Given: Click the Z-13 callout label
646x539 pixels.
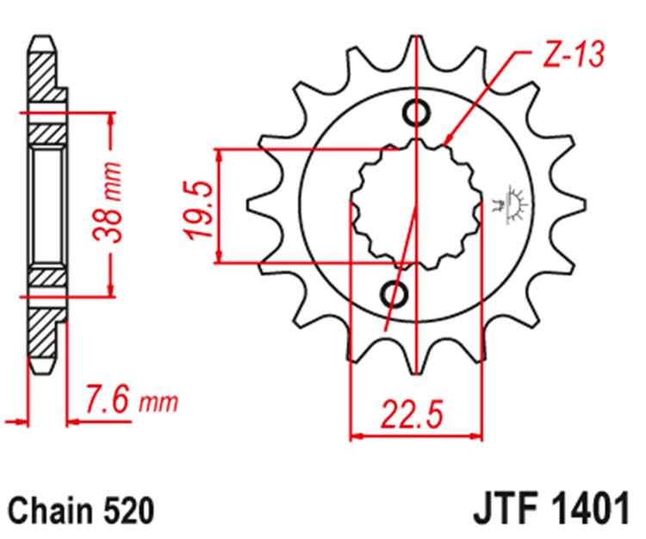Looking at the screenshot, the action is tap(574, 54).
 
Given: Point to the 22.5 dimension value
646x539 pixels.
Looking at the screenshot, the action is tap(413, 414).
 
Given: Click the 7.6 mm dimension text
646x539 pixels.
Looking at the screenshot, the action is tap(132, 399).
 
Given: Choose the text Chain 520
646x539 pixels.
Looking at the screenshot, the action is tap(81, 511).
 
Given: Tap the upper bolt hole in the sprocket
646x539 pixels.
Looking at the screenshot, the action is tap(417, 112).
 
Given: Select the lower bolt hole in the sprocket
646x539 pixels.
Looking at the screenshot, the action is tap(394, 294).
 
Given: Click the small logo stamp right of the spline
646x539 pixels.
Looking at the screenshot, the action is tap(511, 204).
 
